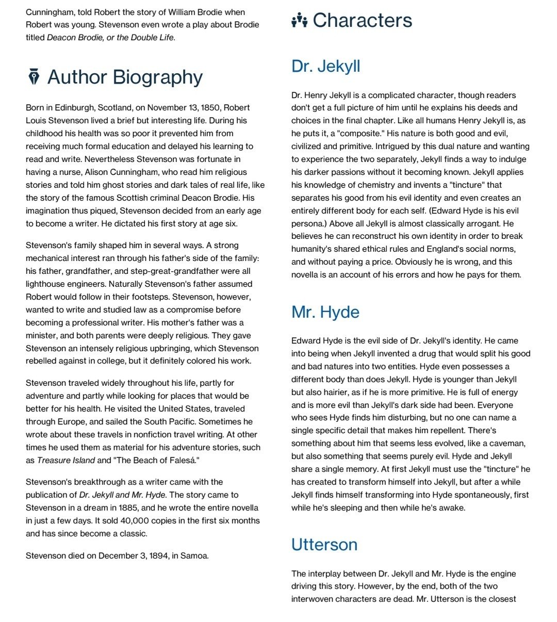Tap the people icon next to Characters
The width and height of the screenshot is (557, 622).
click(x=299, y=21)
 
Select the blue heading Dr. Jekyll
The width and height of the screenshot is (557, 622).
click(x=325, y=66)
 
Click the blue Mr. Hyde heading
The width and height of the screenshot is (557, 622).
click(x=325, y=312)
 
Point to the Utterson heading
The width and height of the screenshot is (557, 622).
click(x=324, y=545)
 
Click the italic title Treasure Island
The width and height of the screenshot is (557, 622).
click(x=66, y=461)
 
